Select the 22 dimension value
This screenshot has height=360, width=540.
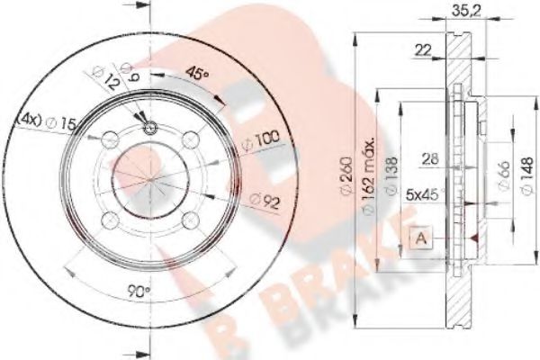pyautogui.click(x=422, y=51)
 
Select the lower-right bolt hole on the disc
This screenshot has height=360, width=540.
pyautogui.click(x=189, y=220)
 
